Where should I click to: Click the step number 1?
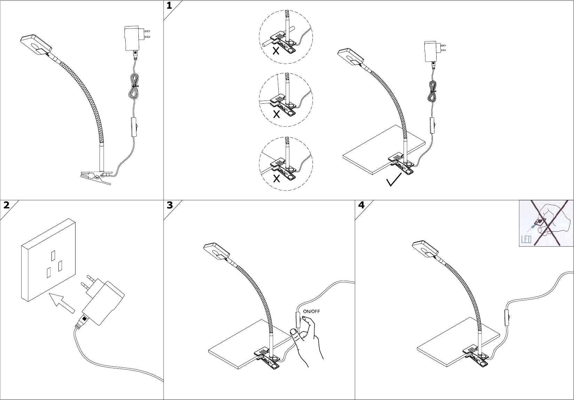tap(169, 5)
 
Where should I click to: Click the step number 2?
tap(6, 205)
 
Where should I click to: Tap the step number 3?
tap(170, 205)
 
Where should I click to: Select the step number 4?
tap(361, 205)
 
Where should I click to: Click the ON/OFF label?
tap(311, 312)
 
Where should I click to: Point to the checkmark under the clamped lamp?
tap(393, 180)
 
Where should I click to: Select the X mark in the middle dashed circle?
tap(277, 114)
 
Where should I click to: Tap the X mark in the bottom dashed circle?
tap(277, 178)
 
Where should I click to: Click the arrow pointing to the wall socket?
tap(62, 303)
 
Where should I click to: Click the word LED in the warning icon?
tap(526, 239)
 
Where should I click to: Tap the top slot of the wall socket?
tap(53, 255)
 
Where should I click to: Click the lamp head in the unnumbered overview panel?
tap(36, 44)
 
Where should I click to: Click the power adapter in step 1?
tap(435, 51)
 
